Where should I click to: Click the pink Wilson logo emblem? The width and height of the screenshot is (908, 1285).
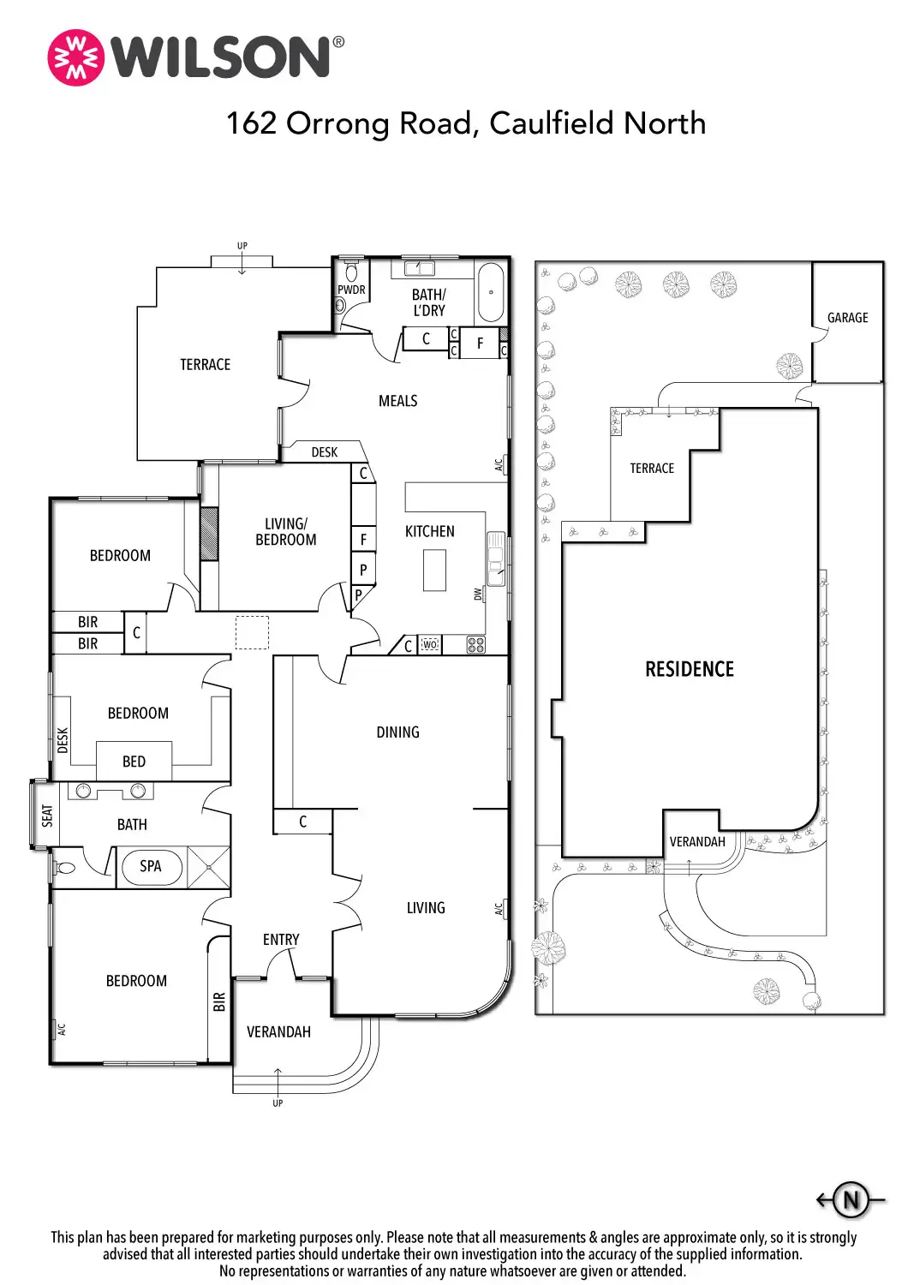pos(75,58)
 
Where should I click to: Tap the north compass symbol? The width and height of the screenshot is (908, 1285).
pos(851,1199)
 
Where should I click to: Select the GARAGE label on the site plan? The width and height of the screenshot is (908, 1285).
pos(847,317)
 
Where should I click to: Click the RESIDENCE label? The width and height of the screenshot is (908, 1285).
pos(690,669)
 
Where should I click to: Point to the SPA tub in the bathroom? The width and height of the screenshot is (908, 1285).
pos(152,866)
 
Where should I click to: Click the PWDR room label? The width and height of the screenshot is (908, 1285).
pos(351,290)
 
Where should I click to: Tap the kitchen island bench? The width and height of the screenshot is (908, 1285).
pos(434,570)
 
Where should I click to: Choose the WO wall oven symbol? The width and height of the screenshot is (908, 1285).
pos(430,644)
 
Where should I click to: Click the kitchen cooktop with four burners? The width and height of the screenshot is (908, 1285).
pos(475,644)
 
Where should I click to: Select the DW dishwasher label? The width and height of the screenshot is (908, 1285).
pos(478,595)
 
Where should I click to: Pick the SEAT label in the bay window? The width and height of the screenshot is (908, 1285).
pos(47,816)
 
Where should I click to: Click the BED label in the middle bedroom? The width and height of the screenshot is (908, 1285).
pos(134,762)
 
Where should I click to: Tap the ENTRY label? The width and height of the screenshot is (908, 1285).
pos(281,939)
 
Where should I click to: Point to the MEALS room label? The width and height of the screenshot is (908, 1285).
pos(397,401)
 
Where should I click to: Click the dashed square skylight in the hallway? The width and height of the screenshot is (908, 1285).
pos(252,632)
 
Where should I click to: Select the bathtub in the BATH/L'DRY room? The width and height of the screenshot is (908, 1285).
pos(491,293)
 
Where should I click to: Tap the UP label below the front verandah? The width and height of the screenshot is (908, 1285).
pos(278,1103)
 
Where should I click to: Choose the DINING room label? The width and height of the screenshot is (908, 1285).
pos(397,732)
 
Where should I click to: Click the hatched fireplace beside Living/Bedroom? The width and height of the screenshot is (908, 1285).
pos(209,534)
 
